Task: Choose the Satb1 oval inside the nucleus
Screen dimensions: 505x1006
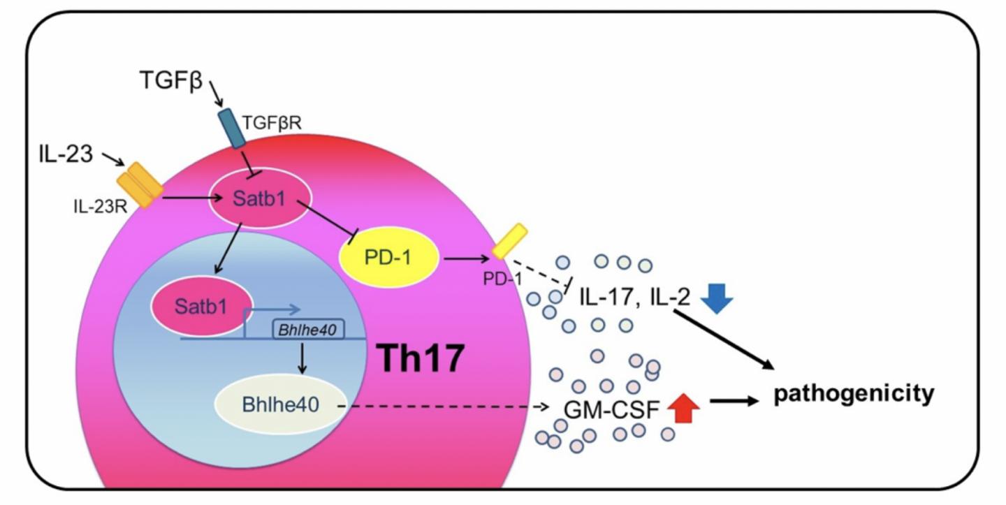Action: (196, 307)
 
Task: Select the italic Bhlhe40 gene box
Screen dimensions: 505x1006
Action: (308, 328)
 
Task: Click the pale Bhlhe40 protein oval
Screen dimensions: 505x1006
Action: (280, 405)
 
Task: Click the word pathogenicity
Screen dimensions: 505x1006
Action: (852, 394)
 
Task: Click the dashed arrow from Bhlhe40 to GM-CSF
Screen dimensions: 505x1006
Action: (447, 407)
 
